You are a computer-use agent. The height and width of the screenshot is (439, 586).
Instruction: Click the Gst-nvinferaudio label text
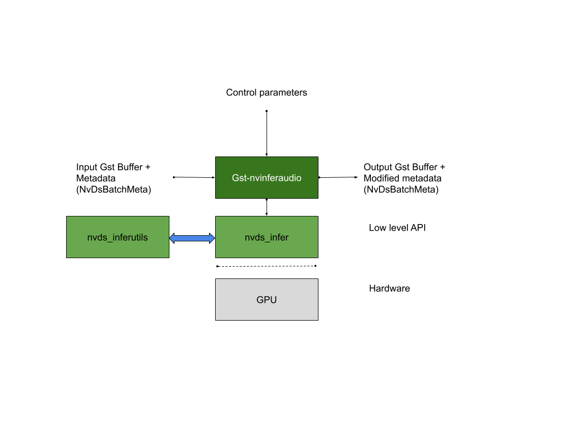click(267, 178)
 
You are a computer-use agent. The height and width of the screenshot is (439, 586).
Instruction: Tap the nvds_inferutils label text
click(118, 237)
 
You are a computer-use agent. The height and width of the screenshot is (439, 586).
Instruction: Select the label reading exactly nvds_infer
click(267, 237)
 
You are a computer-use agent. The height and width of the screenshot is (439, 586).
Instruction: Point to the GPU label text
click(267, 300)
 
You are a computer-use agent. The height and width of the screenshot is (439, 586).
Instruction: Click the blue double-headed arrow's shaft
click(192, 238)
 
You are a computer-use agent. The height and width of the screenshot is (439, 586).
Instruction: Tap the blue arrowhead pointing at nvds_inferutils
click(172, 238)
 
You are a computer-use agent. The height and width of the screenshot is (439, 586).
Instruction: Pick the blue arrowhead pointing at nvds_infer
click(212, 238)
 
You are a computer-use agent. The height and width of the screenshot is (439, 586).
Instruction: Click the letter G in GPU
click(260, 300)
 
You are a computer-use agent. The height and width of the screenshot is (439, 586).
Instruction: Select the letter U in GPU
click(273, 300)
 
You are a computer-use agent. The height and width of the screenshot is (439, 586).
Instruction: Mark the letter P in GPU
click(267, 300)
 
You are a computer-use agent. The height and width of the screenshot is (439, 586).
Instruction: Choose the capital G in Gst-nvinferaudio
click(236, 178)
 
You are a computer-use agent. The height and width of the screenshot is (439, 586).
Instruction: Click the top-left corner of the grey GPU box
click(216, 279)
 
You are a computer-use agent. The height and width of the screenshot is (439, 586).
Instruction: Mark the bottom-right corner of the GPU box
click(317, 320)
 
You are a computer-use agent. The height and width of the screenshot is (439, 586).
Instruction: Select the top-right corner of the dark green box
click(317, 158)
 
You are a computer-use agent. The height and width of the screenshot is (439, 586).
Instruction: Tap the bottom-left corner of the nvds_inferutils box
click(67, 257)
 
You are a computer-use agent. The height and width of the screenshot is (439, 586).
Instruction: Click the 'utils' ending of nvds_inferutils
click(139, 237)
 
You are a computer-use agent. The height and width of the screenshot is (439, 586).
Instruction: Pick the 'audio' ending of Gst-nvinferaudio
click(290, 178)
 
